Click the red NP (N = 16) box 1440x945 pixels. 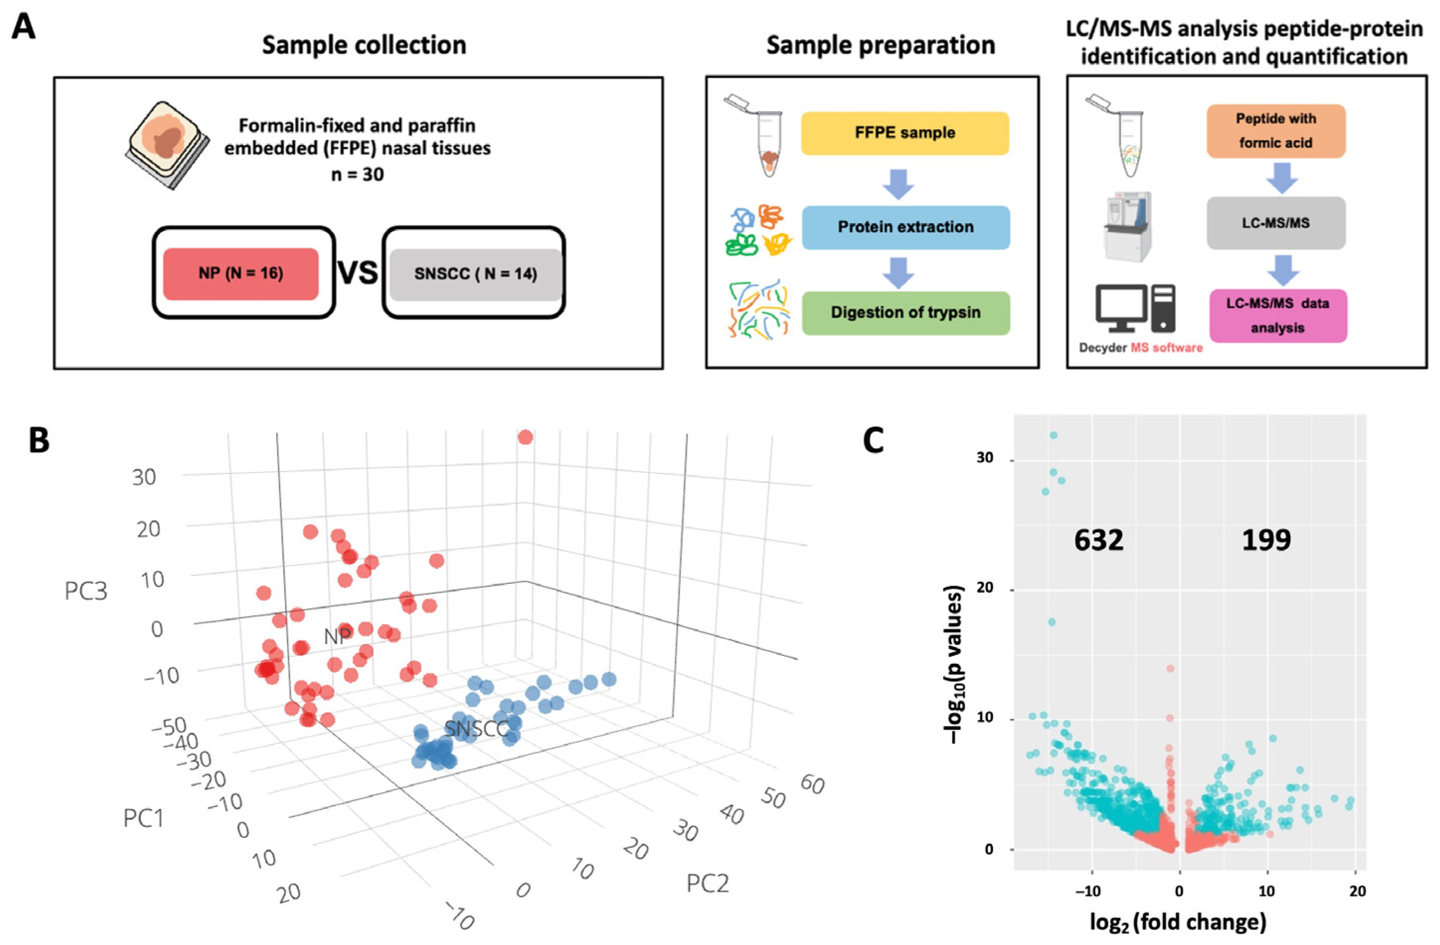pyautogui.click(x=241, y=274)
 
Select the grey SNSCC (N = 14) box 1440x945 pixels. pyautogui.click(x=475, y=274)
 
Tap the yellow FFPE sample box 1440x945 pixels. pyautogui.click(x=905, y=133)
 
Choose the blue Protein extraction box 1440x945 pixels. pyautogui.click(x=905, y=227)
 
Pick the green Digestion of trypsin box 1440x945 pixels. pyautogui.click(x=905, y=313)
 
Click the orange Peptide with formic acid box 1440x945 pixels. pyautogui.click(x=1276, y=131)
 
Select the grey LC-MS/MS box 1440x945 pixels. pyautogui.click(x=1276, y=223)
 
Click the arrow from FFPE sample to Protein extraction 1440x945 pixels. pyautogui.click(x=899, y=183)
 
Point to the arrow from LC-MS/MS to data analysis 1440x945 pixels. pyautogui.click(x=1282, y=269)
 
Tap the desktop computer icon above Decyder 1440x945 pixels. pyautogui.click(x=1135, y=309)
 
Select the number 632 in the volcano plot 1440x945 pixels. pyautogui.click(x=1098, y=540)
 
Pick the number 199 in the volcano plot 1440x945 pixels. pyautogui.click(x=1266, y=540)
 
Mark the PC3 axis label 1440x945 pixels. pyautogui.click(x=86, y=591)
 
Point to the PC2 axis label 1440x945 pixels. pyautogui.click(x=707, y=884)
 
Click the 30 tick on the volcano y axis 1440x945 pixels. pyautogui.click(x=985, y=458)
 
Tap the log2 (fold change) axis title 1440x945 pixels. pyautogui.click(x=1177, y=922)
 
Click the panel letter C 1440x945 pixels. pyautogui.click(x=873, y=441)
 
